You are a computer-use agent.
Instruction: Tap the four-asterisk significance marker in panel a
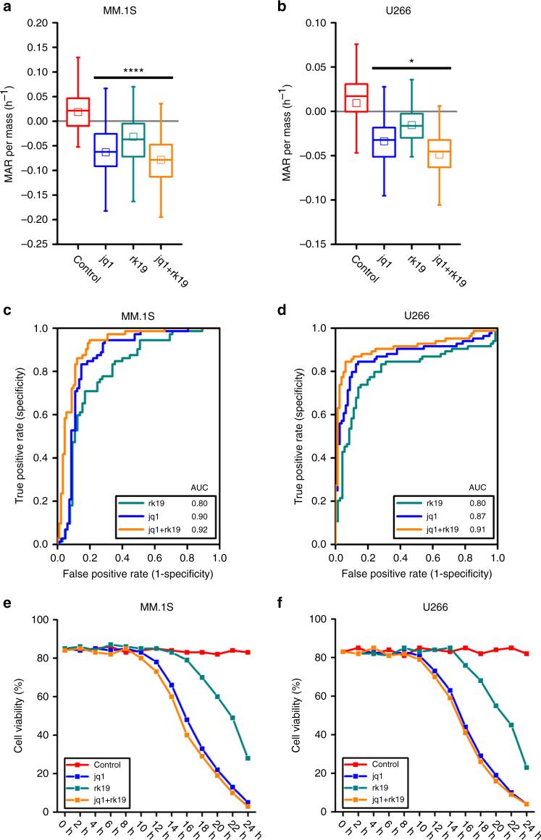coord(134,71)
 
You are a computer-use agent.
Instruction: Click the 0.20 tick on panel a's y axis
coord(37,23)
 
